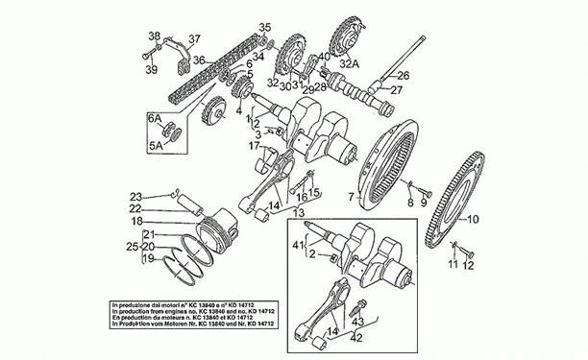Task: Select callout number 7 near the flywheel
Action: pyautogui.click(x=352, y=196)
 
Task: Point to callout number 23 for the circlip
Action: pyautogui.click(x=136, y=195)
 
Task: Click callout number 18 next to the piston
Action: pyautogui.click(x=136, y=221)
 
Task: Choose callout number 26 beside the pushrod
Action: pyautogui.click(x=404, y=75)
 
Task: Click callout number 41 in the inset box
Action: pyautogui.click(x=299, y=246)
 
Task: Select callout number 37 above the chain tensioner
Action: pyautogui.click(x=195, y=39)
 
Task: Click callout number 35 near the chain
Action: pyautogui.click(x=265, y=26)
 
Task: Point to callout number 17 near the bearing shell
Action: pyautogui.click(x=255, y=146)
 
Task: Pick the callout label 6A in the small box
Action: pyautogui.click(x=153, y=115)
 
